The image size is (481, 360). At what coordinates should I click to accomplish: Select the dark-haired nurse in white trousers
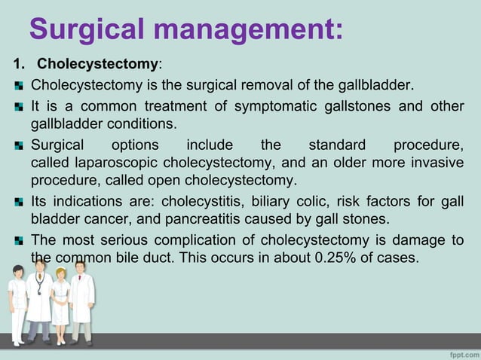(17, 309)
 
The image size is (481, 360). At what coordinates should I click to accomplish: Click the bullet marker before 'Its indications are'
(20, 202)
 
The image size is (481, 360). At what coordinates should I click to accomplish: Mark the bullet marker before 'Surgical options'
(20, 145)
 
